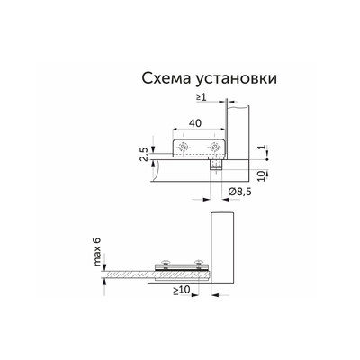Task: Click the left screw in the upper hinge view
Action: [x=184, y=146]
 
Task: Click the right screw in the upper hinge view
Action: [x=213, y=146]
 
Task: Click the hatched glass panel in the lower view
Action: [x=135, y=272]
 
